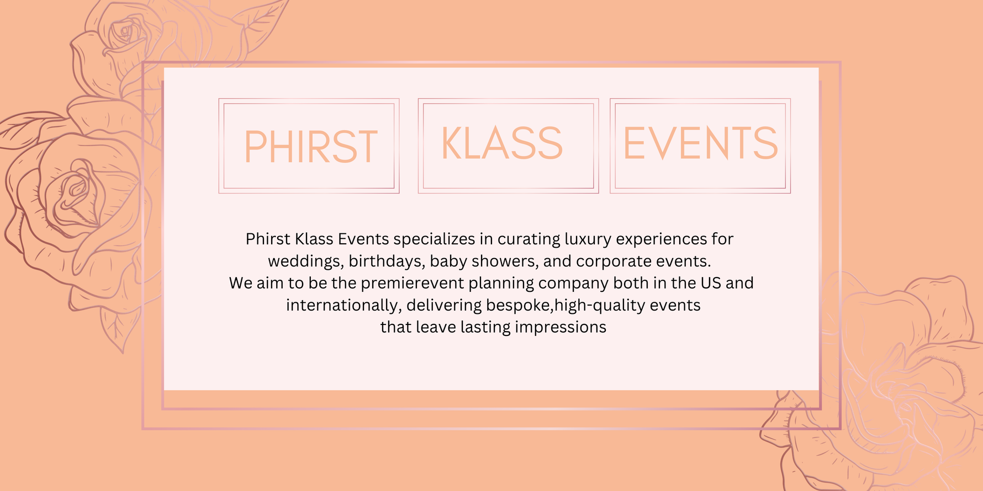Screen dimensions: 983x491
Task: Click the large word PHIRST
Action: (x=311, y=147)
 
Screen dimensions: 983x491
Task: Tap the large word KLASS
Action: (x=502, y=143)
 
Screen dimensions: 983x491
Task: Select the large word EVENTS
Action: (x=700, y=143)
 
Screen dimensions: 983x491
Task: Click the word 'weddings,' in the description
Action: (x=305, y=261)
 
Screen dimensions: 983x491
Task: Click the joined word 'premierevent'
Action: (x=412, y=284)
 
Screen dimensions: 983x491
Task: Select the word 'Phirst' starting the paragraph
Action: (x=268, y=239)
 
